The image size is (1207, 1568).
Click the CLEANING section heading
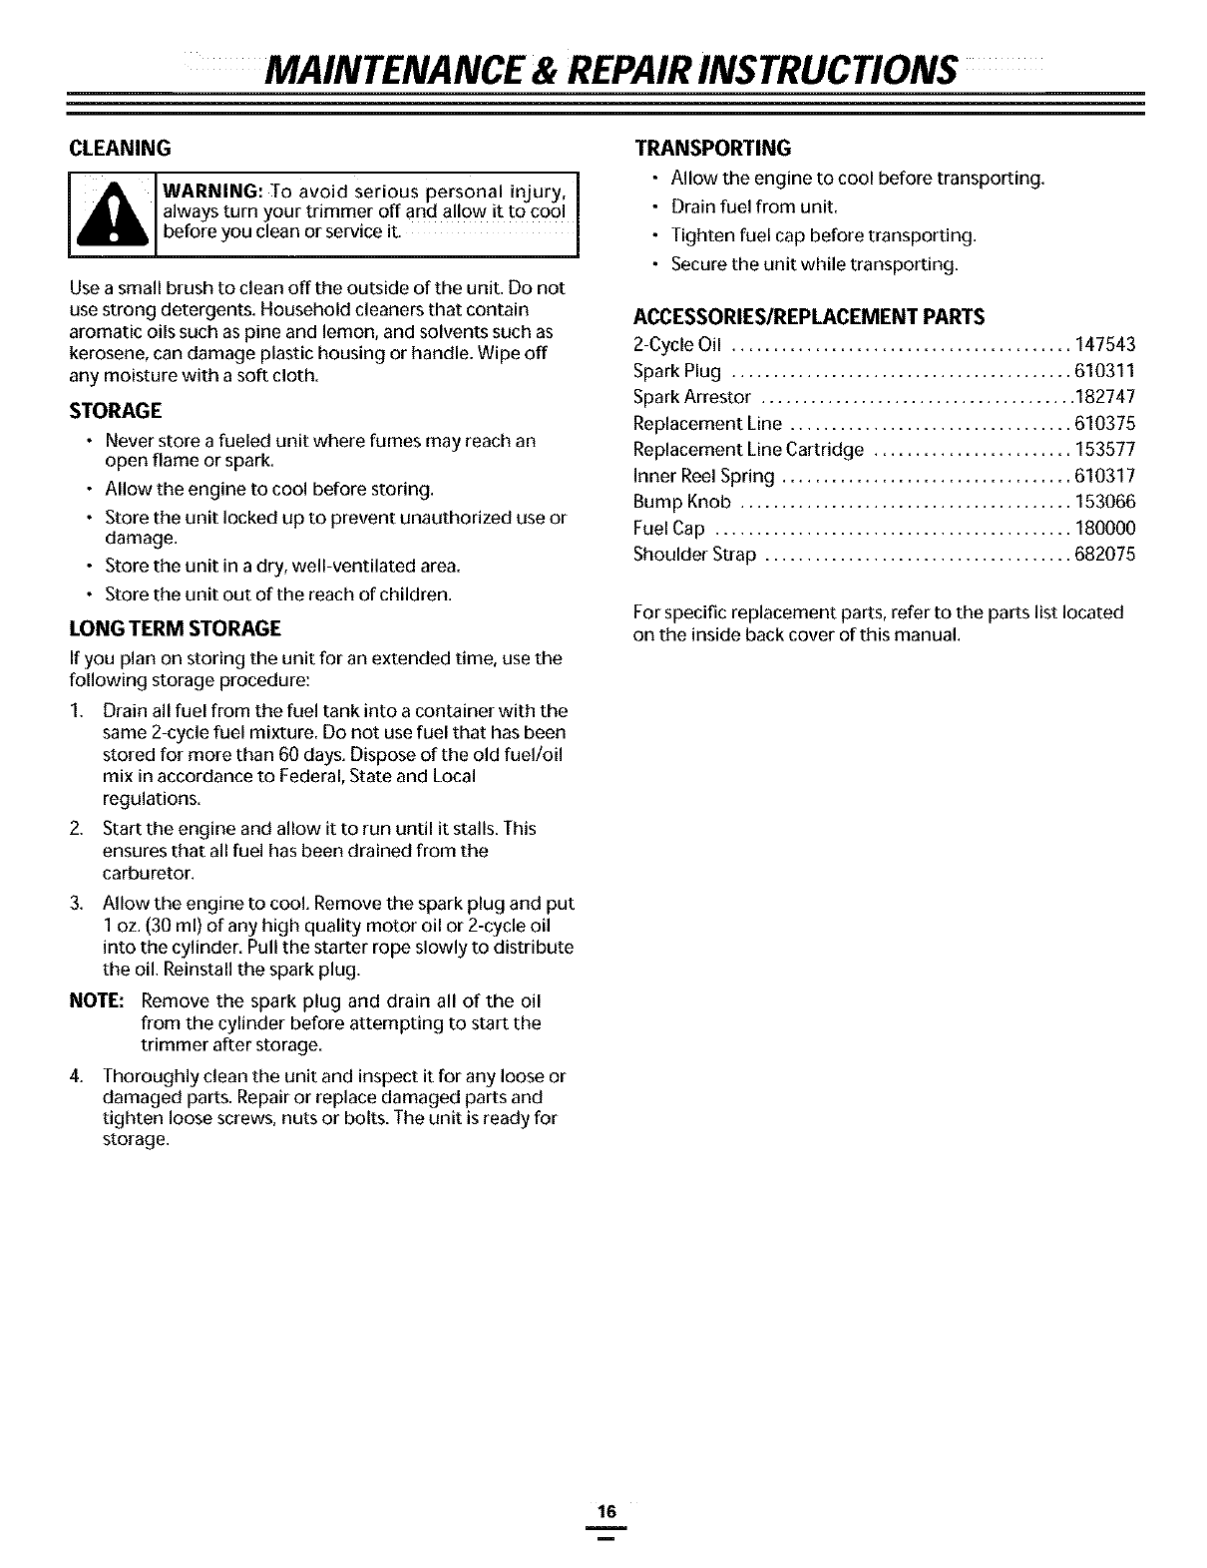[x=120, y=148]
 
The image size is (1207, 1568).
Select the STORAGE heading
[x=116, y=411]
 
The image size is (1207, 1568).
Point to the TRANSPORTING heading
[x=713, y=148]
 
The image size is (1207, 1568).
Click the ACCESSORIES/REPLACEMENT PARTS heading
[x=809, y=316]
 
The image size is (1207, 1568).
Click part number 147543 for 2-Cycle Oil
[x=1105, y=345]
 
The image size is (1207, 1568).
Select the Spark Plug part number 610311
[x=1105, y=371]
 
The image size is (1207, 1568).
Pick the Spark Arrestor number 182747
[x=1105, y=397]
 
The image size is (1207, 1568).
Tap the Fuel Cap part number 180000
[x=1105, y=528]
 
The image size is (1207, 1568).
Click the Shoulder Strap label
[x=694, y=554]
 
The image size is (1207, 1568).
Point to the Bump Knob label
[x=682, y=501]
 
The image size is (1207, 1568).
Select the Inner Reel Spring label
[x=703, y=475]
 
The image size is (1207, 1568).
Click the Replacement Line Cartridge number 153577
[x=1105, y=449]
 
